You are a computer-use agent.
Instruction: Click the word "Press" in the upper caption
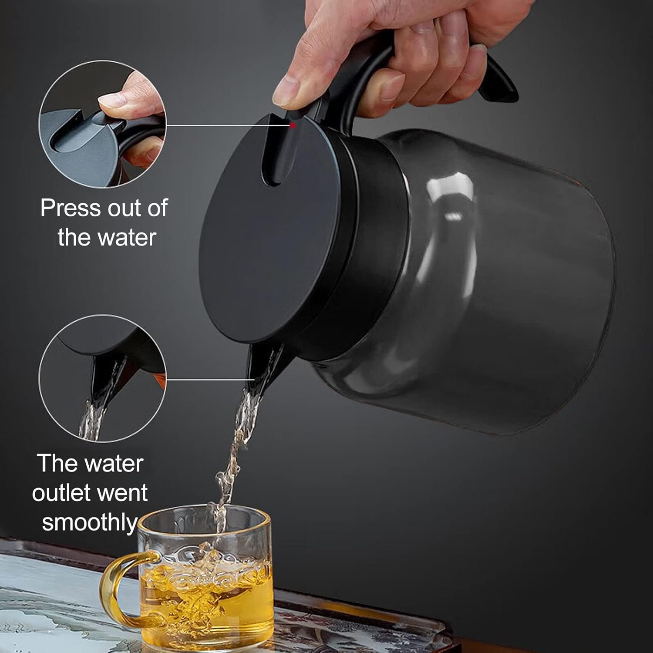70,208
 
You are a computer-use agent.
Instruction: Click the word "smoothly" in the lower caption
89,522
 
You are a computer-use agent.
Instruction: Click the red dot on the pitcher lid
293,125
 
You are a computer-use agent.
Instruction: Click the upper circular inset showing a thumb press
103,125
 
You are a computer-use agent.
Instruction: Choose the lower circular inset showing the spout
103,379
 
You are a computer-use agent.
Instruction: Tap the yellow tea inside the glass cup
205,609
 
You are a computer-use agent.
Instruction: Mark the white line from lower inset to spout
209,379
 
